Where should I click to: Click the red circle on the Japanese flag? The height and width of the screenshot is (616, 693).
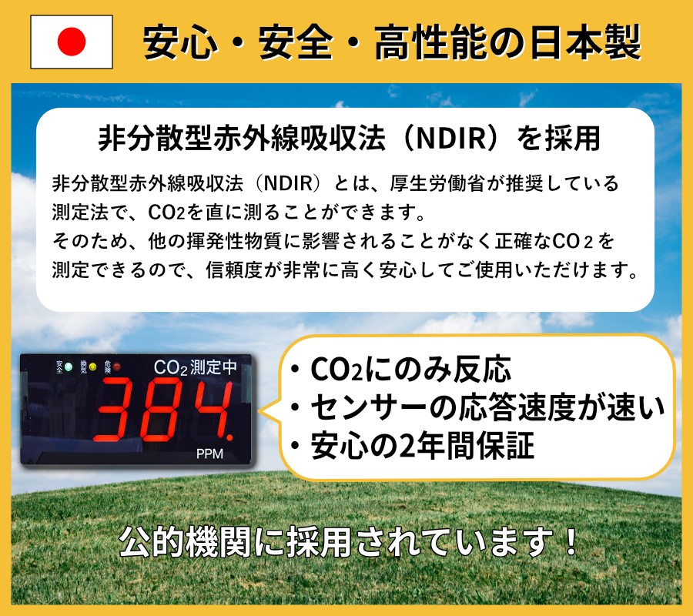71,42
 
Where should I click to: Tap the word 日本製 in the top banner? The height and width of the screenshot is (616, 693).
585,42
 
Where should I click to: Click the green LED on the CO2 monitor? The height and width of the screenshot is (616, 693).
69,367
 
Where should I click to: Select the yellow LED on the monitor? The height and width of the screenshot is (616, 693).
93,367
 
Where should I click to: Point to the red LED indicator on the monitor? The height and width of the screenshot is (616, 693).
117,367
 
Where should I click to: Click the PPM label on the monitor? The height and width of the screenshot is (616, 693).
210,454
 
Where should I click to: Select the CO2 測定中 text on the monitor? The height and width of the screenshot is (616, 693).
196,367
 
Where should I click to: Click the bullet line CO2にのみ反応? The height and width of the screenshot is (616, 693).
410,370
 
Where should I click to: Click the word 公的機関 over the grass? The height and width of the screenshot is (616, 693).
185,542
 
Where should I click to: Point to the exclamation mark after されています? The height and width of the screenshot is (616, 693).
572,542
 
